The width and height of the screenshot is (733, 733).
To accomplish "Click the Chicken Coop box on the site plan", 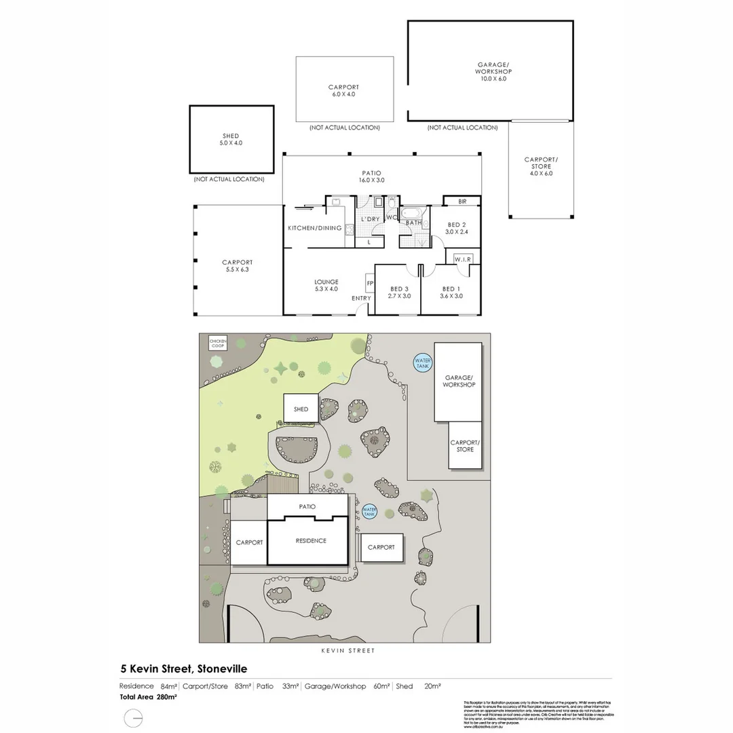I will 217,343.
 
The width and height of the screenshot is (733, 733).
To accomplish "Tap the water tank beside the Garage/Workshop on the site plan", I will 422,362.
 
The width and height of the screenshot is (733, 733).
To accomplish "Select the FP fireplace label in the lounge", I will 369,283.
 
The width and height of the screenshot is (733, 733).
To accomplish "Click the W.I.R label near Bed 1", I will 463,259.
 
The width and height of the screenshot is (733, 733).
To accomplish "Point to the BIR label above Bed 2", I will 462,202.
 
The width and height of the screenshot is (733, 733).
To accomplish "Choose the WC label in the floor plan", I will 391,217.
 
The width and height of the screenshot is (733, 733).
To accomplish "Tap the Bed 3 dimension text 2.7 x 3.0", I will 398,296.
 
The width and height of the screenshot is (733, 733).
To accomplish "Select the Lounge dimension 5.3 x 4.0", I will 326,289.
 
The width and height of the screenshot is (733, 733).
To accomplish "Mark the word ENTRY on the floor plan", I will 361,299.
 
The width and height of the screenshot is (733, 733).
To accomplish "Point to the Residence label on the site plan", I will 310,541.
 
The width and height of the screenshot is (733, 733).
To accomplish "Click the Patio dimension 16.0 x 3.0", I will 372,181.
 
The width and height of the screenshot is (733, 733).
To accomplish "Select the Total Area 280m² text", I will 149,697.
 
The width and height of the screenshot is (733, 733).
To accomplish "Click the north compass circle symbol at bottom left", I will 134,718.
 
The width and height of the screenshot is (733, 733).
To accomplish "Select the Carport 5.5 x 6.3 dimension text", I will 237,269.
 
